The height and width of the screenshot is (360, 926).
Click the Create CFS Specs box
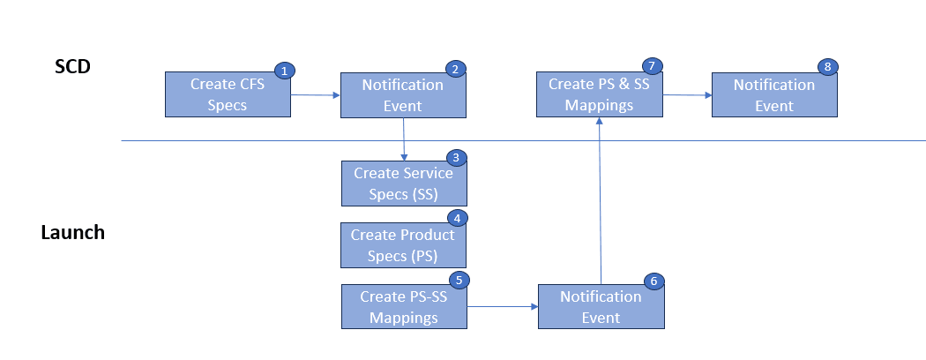tap(228, 94)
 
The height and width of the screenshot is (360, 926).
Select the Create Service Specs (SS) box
tap(403, 184)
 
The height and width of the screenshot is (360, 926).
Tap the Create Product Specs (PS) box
tap(403, 245)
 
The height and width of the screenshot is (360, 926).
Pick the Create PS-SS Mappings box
tap(403, 307)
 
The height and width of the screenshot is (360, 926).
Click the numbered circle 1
tap(283, 70)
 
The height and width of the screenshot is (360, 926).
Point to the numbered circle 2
tap(455, 68)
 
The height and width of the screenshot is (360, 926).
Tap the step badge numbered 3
tap(455, 158)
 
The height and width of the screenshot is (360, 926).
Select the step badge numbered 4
tap(455, 218)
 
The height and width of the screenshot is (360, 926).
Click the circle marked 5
tap(457, 280)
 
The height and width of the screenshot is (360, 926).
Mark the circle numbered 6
tap(653, 281)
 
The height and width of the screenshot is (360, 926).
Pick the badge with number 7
tap(651, 67)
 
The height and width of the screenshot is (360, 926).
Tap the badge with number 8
tap(826, 67)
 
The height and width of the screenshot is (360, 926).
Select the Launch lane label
tap(72, 233)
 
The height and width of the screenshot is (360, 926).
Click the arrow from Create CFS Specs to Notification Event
tap(316, 94)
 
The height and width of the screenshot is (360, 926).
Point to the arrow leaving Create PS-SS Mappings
tap(502, 307)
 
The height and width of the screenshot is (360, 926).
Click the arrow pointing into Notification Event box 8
tap(687, 94)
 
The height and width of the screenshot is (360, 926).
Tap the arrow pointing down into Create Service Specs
tap(403, 139)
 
